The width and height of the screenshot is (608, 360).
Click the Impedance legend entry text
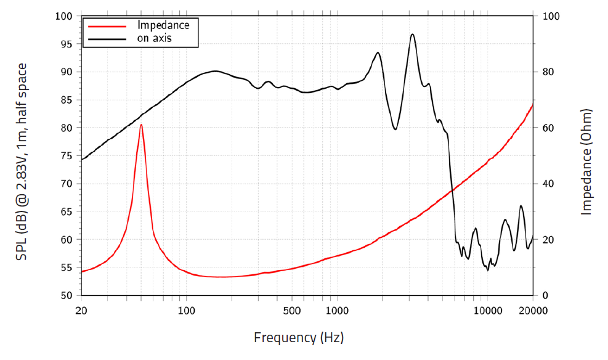pyautogui.click(x=163, y=25)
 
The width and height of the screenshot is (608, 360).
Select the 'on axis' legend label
pyautogui.click(x=155, y=38)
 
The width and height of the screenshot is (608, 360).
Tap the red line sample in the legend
pyautogui.click(x=108, y=26)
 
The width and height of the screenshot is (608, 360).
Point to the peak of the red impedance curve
pyautogui.click(x=141, y=125)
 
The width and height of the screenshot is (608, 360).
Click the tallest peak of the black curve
pyautogui.click(x=412, y=35)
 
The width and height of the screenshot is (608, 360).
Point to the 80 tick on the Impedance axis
pyautogui.click(x=549, y=72)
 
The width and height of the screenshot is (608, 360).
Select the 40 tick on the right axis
pyautogui.click(x=549, y=184)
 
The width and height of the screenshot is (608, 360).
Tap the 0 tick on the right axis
pyautogui.click(x=546, y=295)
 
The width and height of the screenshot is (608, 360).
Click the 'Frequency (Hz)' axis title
pyautogui.click(x=299, y=338)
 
